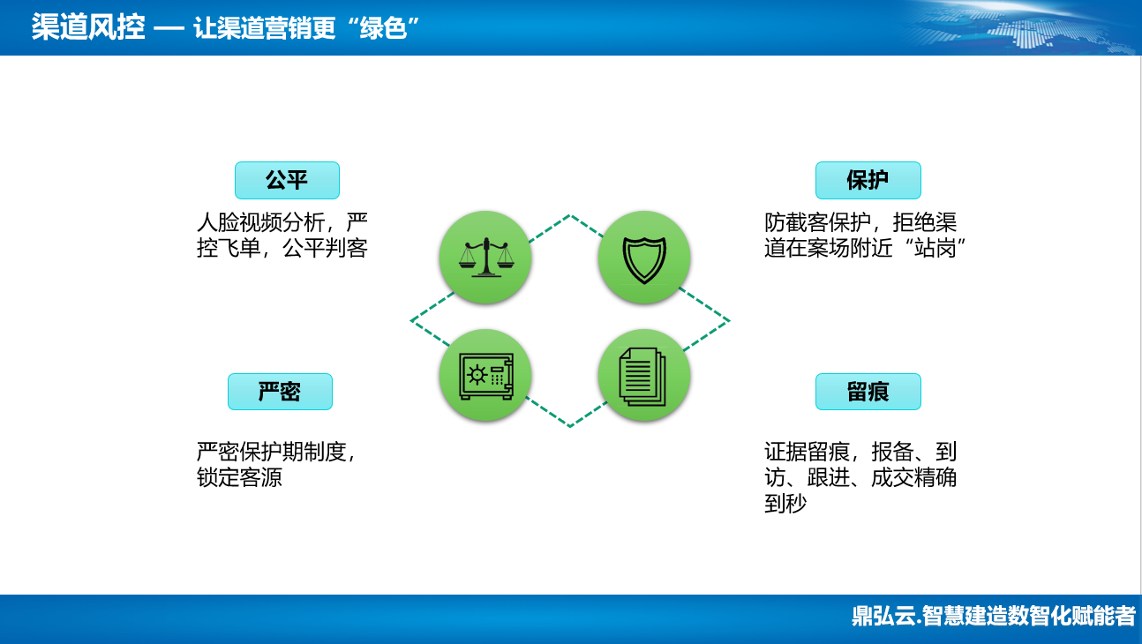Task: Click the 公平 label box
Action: [287, 180]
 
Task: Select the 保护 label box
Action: [868, 180]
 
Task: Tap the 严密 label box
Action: [280, 392]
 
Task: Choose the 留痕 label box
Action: [868, 392]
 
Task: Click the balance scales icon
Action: [486, 258]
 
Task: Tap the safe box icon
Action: [486, 376]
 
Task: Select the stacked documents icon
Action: [642, 377]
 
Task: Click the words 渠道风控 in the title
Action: [88, 26]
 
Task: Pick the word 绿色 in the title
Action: [383, 27]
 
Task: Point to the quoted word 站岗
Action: [935, 248]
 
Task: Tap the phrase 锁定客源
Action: [239, 477]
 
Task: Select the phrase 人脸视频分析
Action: [261, 222]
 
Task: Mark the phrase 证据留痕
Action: [807, 452]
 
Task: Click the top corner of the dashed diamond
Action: [570, 215]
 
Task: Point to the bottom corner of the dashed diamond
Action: [570, 426]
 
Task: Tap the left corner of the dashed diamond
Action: [411, 320]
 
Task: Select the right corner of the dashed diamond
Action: [729, 320]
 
